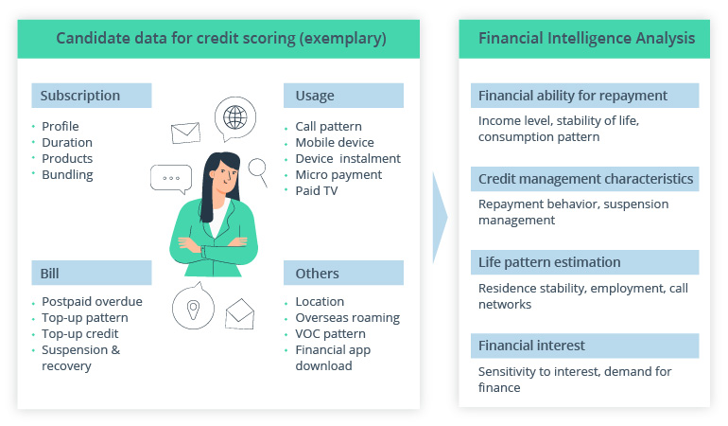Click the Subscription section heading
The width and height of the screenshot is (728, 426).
coord(80,96)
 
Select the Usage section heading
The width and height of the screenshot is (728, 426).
coord(315,96)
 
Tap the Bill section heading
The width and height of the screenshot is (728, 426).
coord(50,274)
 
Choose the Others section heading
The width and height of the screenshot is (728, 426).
coord(318,274)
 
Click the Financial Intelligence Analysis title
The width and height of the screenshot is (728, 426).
coord(586,39)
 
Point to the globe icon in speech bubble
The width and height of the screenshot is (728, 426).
coord(235,118)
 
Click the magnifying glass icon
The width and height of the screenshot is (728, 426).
coord(257,169)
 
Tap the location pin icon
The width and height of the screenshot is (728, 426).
coord(193,309)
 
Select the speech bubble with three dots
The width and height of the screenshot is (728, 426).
coord(171,178)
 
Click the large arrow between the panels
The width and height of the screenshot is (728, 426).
coord(440,218)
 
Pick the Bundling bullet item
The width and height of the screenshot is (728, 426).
coord(67,174)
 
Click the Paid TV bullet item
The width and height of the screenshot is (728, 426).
coord(317,190)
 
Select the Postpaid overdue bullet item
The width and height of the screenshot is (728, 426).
coord(92,302)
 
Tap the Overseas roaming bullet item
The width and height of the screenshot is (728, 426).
coord(347,318)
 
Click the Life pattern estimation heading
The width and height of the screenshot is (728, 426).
coord(549,262)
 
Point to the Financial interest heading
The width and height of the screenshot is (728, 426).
coord(531,346)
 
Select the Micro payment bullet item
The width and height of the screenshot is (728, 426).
coord(338,174)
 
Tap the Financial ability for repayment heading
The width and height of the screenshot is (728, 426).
coord(573,96)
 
